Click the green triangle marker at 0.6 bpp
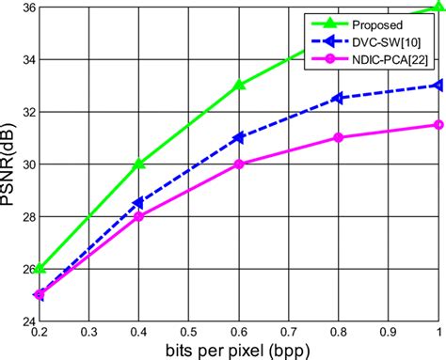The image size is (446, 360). click(239, 85)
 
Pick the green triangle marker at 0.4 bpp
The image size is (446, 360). click(139, 164)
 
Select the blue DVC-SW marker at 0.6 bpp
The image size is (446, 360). click(239, 137)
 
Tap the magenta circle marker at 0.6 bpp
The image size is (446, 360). click(239, 164)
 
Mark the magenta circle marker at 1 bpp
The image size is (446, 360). click(438, 124)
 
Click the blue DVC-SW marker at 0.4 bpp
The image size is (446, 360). click(139, 203)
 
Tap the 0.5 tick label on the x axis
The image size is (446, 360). click(189, 333)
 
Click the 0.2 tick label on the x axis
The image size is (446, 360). click(40, 333)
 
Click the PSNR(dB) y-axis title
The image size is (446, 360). click(8, 164)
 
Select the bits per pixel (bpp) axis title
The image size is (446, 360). click(239, 351)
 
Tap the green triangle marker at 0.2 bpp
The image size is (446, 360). click(40, 269)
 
